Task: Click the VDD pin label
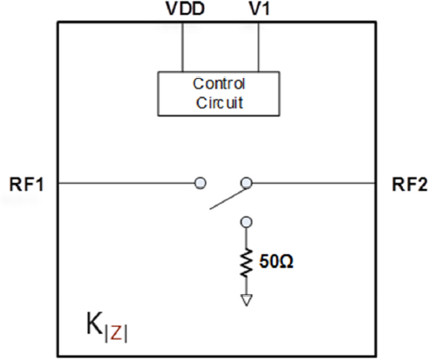[185, 9]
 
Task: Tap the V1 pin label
[260, 9]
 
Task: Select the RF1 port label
[27, 185]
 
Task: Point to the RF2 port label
[410, 185]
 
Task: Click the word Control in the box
[219, 84]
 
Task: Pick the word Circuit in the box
[220, 102]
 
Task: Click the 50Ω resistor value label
[276, 262]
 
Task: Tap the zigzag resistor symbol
[246, 263]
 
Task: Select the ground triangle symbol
[247, 300]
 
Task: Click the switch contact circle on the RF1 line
[200, 183]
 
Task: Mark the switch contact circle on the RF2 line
[247, 183]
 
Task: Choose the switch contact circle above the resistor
[247, 222]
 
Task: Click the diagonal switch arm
[229, 198]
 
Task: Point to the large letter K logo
[95, 324]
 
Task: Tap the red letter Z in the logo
[116, 333]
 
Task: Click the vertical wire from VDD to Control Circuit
[182, 47]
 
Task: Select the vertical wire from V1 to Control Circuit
[259, 47]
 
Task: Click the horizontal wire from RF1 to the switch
[127, 183]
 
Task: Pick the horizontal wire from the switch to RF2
[313, 183]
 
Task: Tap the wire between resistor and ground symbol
[247, 285]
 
